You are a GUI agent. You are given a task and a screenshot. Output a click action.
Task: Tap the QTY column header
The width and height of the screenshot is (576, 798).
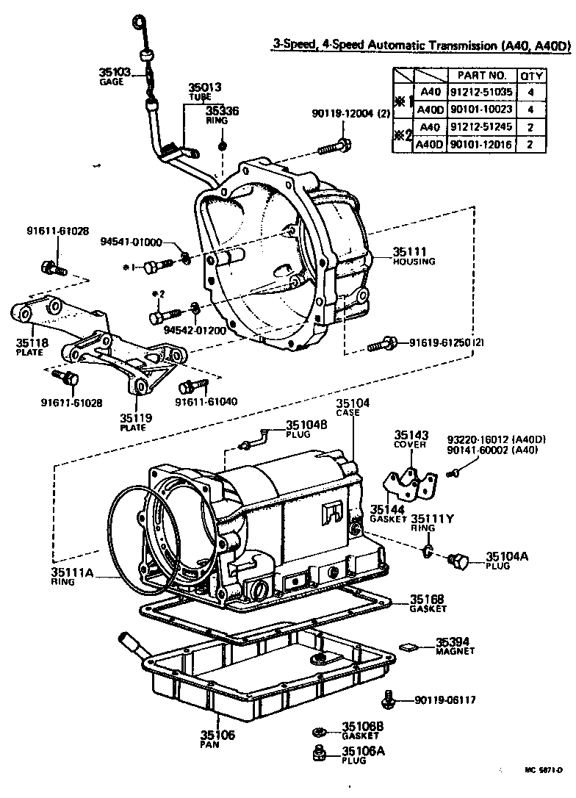[531, 75]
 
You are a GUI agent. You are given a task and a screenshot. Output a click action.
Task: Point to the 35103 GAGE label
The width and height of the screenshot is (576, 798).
[115, 76]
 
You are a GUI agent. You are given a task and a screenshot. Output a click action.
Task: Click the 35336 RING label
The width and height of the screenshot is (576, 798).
[223, 115]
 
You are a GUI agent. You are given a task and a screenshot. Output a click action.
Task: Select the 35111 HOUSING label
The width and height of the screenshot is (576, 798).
[414, 255]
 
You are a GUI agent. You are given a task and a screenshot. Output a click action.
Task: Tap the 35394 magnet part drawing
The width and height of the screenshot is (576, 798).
[408, 647]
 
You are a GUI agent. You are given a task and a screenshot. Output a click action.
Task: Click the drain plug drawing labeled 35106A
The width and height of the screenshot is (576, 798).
[320, 752]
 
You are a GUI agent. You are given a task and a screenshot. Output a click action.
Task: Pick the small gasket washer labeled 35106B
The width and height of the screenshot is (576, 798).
[320, 731]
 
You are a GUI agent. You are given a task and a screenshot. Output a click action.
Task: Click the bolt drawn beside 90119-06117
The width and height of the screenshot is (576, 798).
[391, 700]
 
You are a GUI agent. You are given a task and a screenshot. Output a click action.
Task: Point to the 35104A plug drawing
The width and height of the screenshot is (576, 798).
[458, 562]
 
